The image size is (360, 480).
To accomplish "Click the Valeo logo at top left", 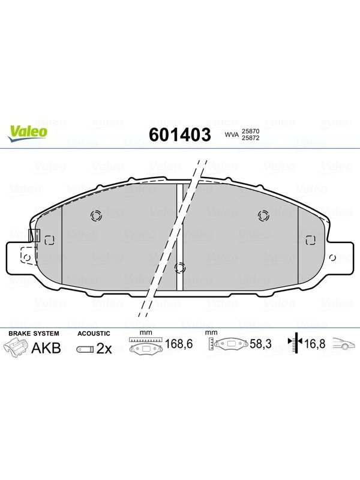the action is pos(28,134).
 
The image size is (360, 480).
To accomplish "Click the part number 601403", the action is pos(180,134).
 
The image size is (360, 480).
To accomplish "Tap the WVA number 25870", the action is pos(251,131).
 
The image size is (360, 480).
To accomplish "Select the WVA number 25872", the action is pos(251,138).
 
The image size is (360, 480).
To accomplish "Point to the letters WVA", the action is pos(232,134).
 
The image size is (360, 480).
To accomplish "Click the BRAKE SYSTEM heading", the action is pos(34,334).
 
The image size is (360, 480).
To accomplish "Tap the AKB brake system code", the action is pos(46,348).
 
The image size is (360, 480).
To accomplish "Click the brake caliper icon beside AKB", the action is pos(16,349).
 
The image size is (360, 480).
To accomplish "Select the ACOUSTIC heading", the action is pos(94,334).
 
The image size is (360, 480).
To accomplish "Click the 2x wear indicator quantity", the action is pos(104,349).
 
